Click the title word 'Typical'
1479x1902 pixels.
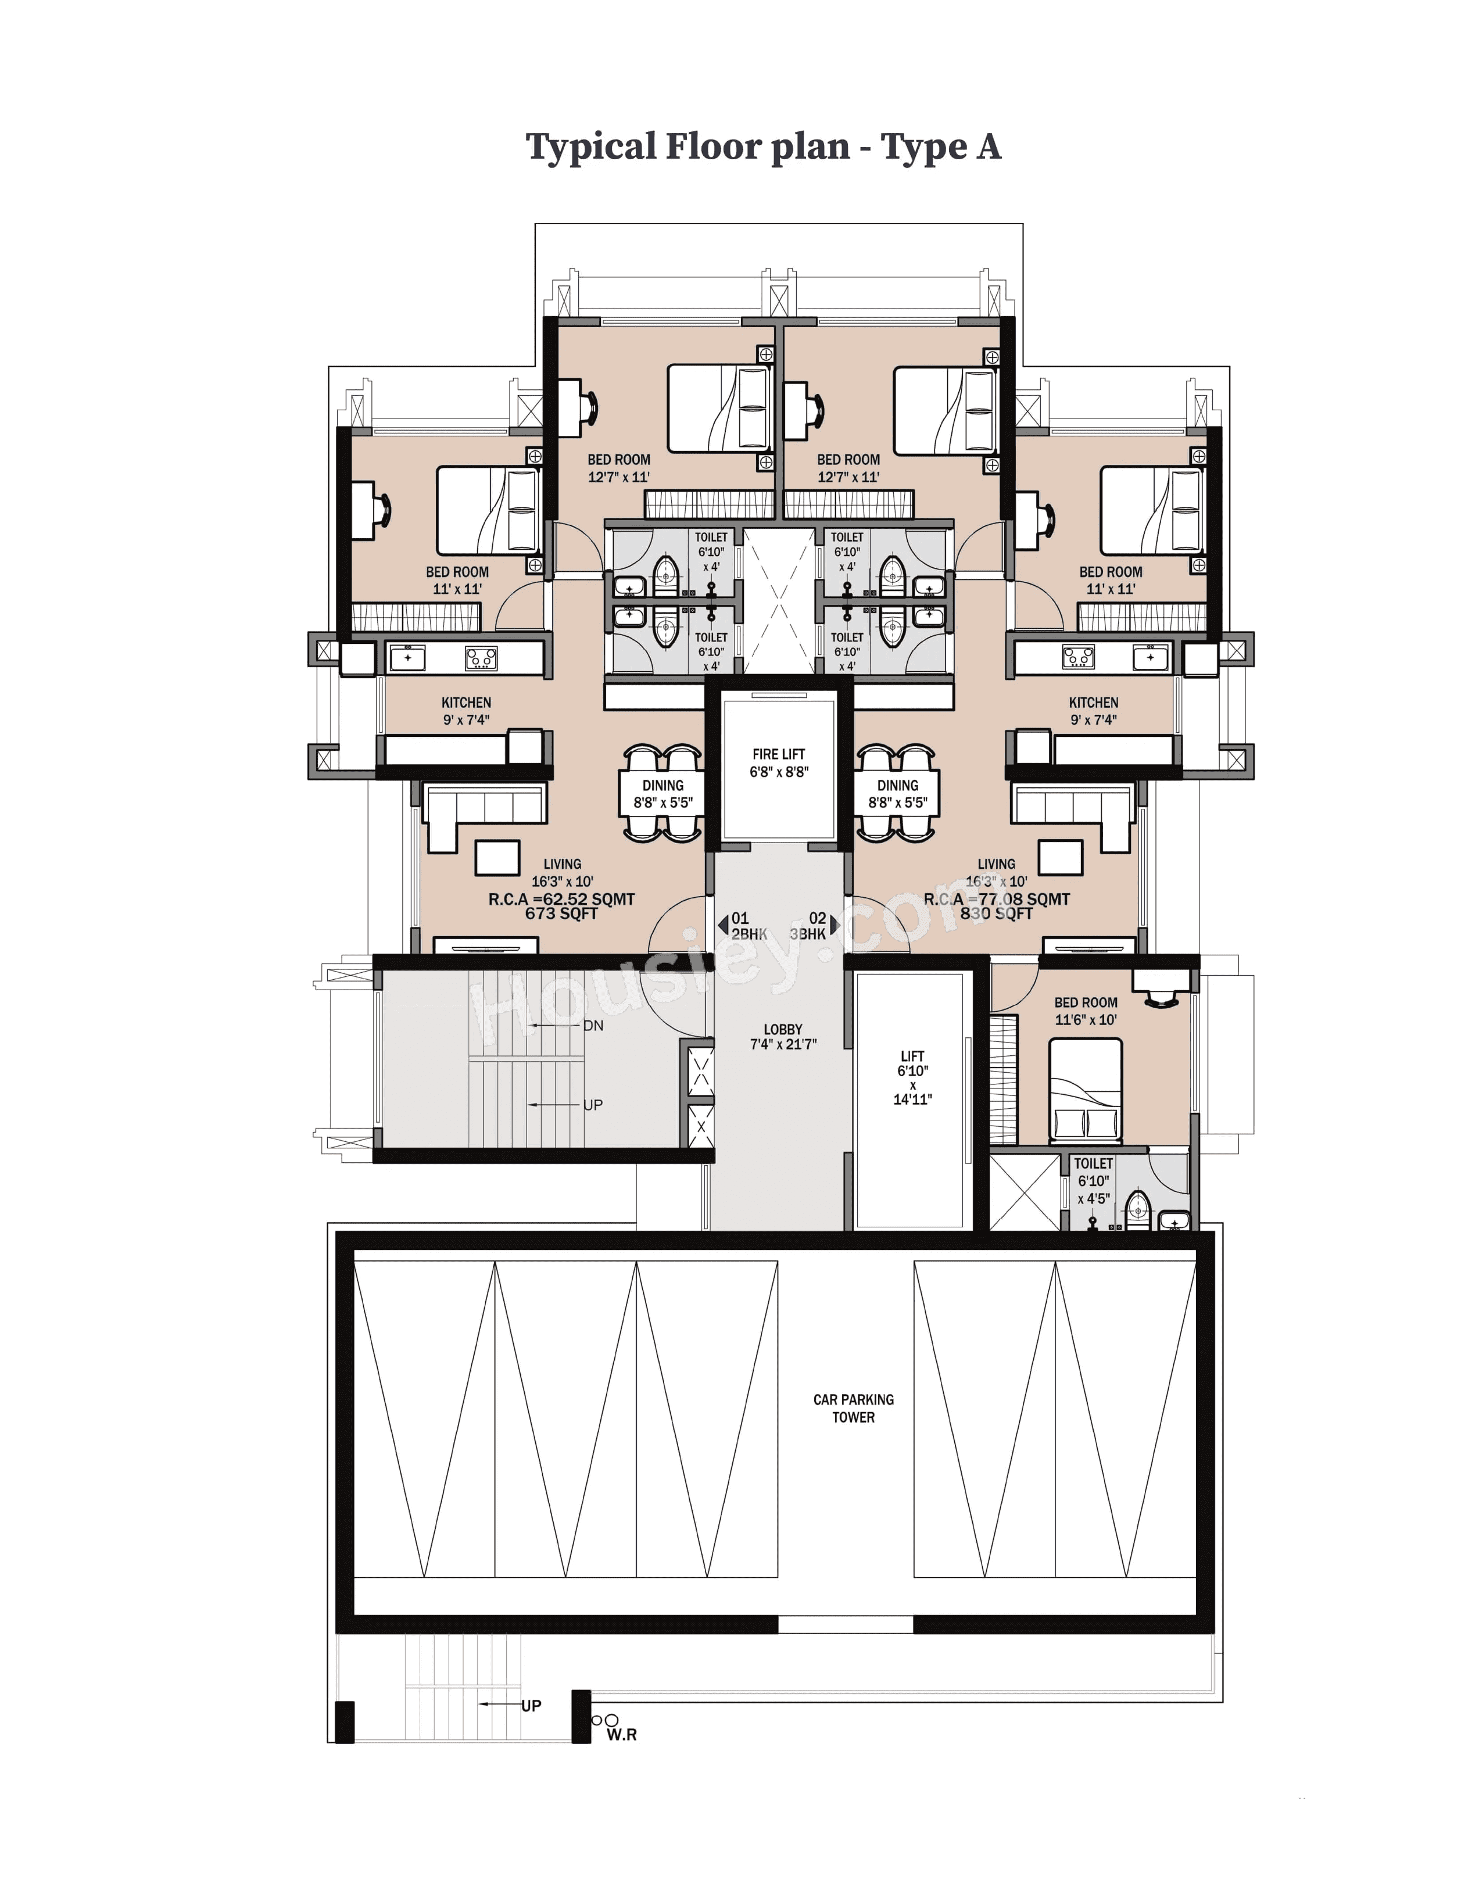coord(590,147)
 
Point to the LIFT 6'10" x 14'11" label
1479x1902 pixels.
coord(912,1077)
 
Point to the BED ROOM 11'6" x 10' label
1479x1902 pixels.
coord(1086,1011)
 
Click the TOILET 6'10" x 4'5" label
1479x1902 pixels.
coord(1093,1181)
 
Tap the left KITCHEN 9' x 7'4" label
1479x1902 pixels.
coord(466,711)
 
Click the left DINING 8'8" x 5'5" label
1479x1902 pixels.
coord(663,793)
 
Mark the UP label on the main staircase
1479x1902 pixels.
coord(592,1105)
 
